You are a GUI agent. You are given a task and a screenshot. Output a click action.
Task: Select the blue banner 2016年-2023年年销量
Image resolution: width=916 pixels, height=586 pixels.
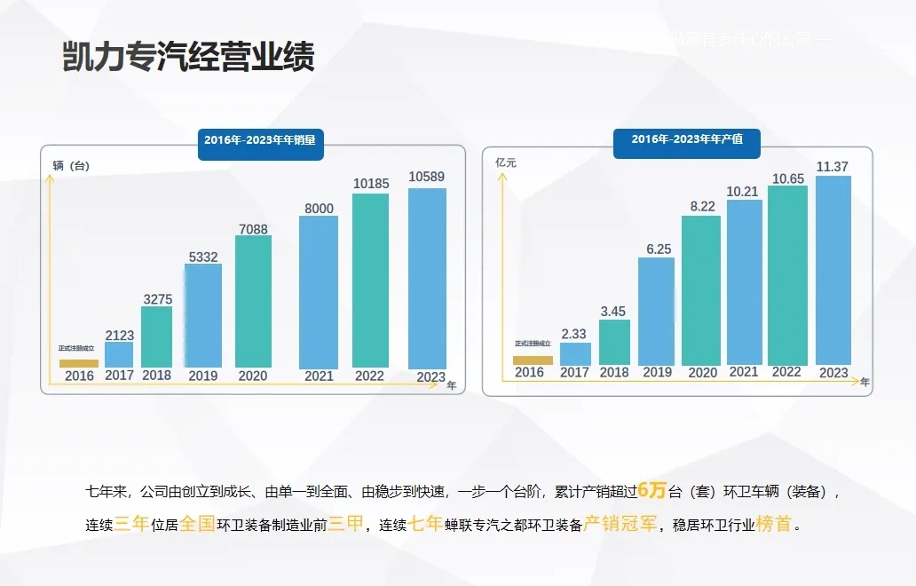coord(260,140)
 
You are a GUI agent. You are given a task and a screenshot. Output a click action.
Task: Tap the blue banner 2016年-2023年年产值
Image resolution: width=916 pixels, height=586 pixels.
coord(686,139)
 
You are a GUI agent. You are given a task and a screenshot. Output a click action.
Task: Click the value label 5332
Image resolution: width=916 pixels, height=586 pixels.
coord(202,257)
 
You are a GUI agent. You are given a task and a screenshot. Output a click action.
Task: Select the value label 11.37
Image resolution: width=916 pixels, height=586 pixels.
coord(833,167)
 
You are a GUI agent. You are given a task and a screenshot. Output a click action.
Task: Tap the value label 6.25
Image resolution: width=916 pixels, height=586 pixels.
coord(658,249)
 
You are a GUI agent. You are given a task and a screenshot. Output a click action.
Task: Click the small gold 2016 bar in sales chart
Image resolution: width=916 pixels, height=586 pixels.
coord(79,363)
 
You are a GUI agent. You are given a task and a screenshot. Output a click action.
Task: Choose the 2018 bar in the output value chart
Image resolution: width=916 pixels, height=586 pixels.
coord(614,341)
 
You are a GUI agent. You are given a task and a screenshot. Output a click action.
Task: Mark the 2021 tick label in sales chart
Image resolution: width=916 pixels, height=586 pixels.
coord(319,376)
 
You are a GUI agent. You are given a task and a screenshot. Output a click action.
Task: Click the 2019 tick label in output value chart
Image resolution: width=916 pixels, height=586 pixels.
coord(658,373)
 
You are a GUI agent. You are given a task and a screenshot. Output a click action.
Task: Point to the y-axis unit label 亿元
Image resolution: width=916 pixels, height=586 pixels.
coord(506,163)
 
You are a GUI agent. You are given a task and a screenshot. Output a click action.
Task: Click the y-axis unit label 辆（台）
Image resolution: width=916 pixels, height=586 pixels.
coord(72,166)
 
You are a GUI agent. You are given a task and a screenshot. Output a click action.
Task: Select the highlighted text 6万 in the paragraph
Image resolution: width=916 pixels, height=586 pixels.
coord(651,489)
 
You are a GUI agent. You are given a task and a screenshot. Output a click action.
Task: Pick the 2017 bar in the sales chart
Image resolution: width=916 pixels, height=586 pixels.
coord(119,354)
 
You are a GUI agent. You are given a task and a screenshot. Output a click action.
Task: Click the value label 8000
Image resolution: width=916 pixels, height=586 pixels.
coord(319,209)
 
